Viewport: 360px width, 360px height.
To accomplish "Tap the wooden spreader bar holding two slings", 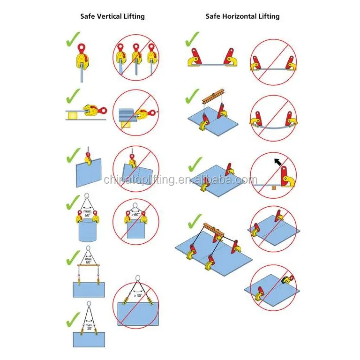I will pos(88,265).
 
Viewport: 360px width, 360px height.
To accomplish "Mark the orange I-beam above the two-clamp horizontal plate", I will pos(214,97).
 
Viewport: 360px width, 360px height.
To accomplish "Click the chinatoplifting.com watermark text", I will pos(180,180).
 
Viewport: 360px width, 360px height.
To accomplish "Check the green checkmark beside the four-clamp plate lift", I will pos(194,220).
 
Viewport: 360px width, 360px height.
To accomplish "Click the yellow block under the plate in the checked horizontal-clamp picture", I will pos(73,114).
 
